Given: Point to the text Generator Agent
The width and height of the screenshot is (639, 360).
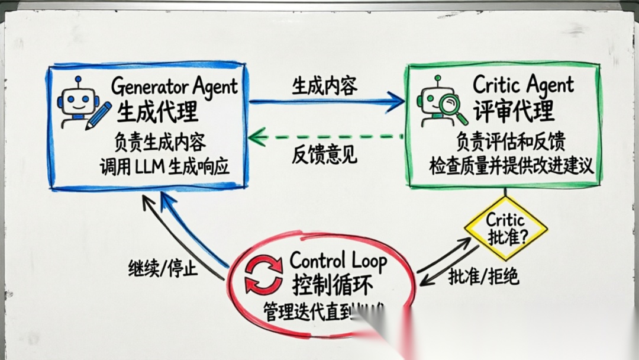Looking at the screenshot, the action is pos(175,86).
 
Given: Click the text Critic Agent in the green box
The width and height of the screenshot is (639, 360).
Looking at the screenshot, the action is pos(523,85).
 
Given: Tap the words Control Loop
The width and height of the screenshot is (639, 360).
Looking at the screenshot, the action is pos(338,261).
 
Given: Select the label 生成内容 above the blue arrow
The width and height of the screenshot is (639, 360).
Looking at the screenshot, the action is pos(324,86).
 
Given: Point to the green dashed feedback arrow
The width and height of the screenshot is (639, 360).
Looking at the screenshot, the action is pos(325,138).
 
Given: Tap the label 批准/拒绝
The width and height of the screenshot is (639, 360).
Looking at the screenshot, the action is pos(483,276).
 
